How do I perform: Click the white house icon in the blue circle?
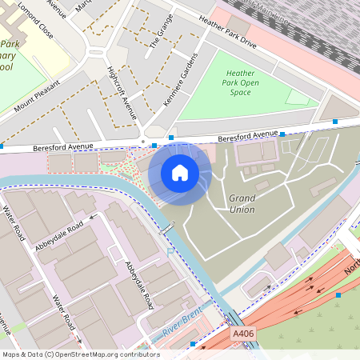click(x=180, y=173)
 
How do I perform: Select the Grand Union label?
click(x=242, y=203)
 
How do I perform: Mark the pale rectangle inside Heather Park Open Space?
click(x=298, y=97)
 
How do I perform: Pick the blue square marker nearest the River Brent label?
click(x=193, y=344)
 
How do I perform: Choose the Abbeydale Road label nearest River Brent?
click(x=139, y=284)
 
